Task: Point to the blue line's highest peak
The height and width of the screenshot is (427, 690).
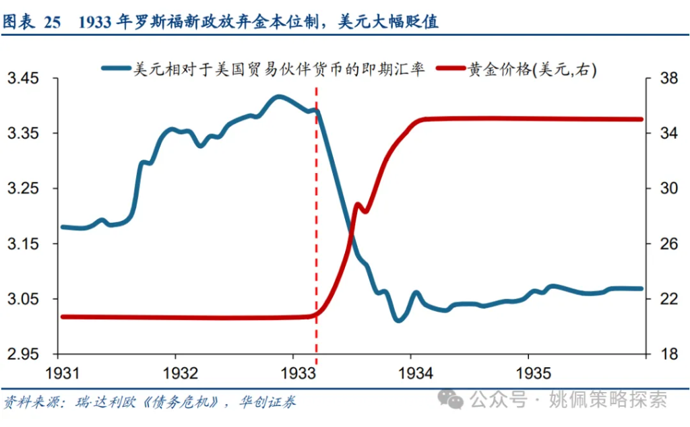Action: tap(278, 97)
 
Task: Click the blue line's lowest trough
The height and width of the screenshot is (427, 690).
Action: tap(398, 320)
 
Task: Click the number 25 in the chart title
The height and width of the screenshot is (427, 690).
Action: tap(53, 22)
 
